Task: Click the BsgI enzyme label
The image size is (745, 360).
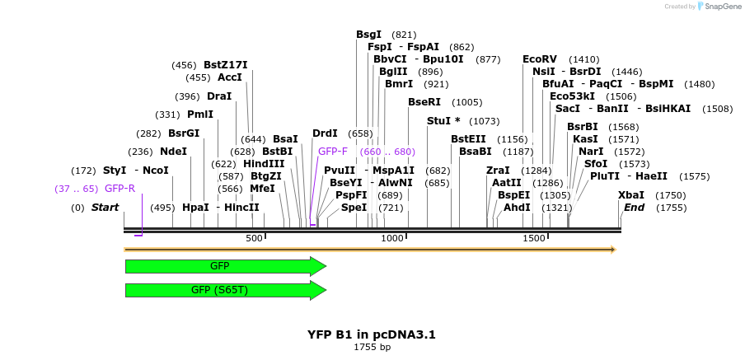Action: (x=368, y=35)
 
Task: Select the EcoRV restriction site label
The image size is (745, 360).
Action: (x=540, y=59)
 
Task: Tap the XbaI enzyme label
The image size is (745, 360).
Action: (x=631, y=195)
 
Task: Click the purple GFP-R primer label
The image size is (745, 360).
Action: (x=119, y=189)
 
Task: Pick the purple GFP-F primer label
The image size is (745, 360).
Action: (x=333, y=152)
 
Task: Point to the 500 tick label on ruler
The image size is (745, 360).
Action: (x=254, y=239)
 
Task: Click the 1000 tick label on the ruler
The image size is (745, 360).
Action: (x=392, y=239)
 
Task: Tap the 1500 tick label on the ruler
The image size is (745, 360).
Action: (x=534, y=239)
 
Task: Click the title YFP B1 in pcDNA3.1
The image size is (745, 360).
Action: (x=372, y=334)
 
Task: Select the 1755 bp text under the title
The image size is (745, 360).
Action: (x=372, y=348)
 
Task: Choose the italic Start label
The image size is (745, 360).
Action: (x=105, y=208)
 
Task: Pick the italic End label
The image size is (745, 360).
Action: (x=634, y=208)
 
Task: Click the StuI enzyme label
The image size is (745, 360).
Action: (x=443, y=121)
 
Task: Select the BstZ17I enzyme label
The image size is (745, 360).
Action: (x=225, y=65)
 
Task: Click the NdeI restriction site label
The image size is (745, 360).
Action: (x=173, y=152)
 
